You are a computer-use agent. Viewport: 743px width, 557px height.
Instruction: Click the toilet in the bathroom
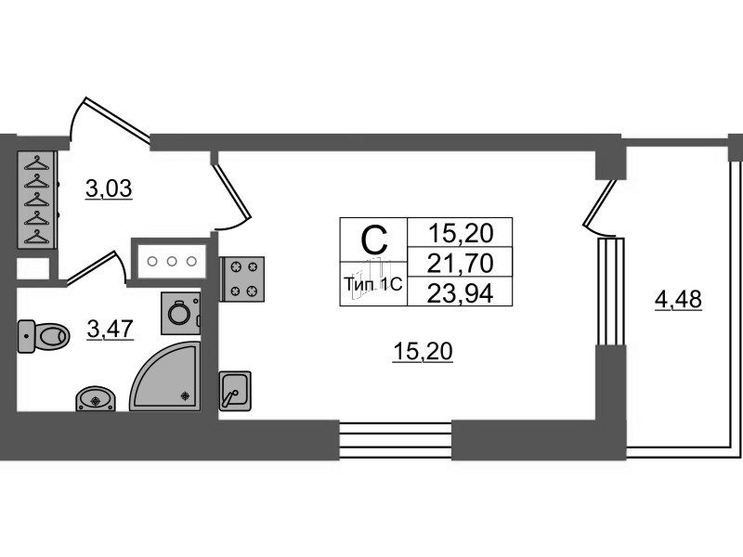pyautogui.click(x=44, y=336)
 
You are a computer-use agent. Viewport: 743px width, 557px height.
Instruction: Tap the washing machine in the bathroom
pyautogui.click(x=180, y=313)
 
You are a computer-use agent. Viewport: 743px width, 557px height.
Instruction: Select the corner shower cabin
pyautogui.click(x=165, y=376)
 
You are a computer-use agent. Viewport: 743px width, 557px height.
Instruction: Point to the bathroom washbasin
pyautogui.click(x=96, y=399)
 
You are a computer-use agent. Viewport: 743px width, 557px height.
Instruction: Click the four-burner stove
pyautogui.click(x=242, y=279)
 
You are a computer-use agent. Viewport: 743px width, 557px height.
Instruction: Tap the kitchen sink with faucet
pyautogui.click(x=235, y=391)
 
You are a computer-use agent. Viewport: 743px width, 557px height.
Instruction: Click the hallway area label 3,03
pyautogui.click(x=109, y=188)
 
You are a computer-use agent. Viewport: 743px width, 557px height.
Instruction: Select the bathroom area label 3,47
pyautogui.click(x=111, y=329)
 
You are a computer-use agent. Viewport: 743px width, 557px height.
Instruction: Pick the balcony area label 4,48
pyautogui.click(x=678, y=299)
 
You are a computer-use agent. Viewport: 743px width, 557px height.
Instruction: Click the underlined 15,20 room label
pyautogui.click(x=423, y=352)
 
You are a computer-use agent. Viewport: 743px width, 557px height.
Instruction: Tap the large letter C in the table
pyautogui.click(x=374, y=240)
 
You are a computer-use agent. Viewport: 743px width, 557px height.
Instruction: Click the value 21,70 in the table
pyautogui.click(x=460, y=264)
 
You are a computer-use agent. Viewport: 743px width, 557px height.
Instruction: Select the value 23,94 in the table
pyautogui.click(x=460, y=294)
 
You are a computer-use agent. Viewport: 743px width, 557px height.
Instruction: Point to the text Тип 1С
pyautogui.click(x=373, y=284)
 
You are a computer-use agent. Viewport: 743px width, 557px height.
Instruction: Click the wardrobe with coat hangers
pyautogui.click(x=37, y=200)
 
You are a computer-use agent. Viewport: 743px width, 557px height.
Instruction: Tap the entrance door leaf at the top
pyautogui.click(x=117, y=118)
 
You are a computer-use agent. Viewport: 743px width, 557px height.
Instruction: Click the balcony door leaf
pyautogui.click(x=600, y=202)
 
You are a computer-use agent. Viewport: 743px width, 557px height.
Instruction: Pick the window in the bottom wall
pyautogui.click(x=396, y=440)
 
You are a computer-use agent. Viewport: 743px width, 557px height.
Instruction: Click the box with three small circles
pyautogui.click(x=172, y=261)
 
